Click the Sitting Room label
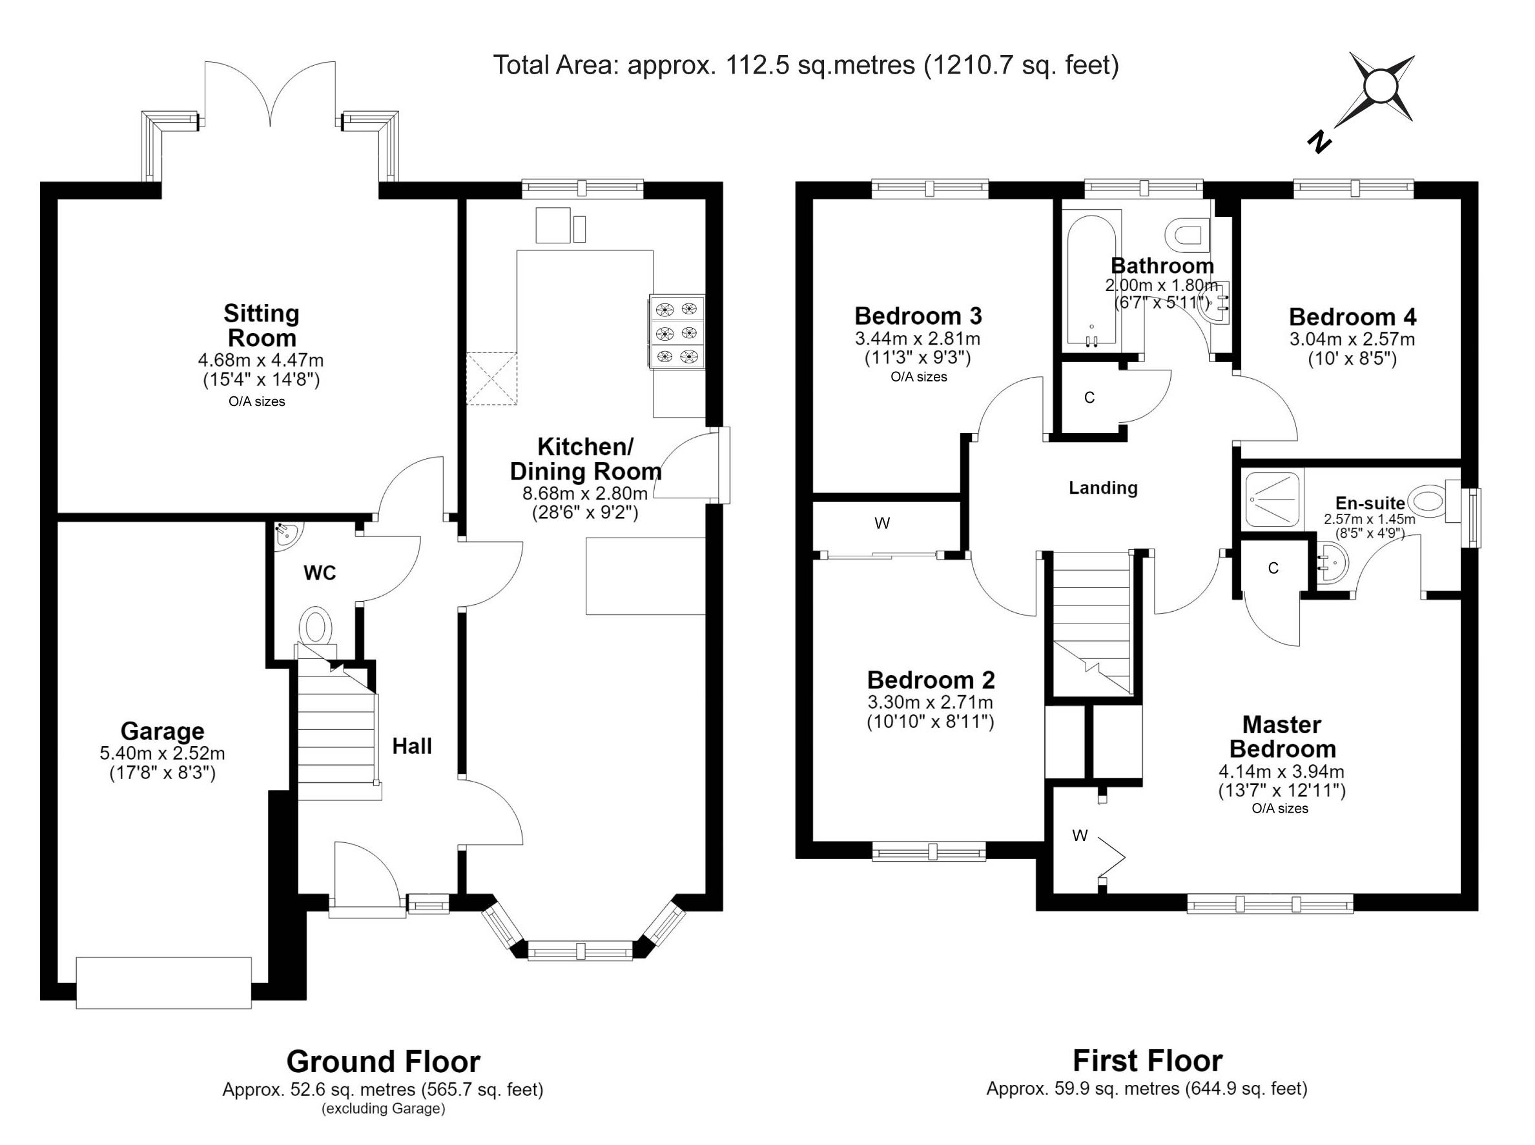262,325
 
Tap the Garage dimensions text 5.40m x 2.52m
162,753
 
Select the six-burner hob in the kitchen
677,332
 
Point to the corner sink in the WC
285,535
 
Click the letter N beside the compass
1319,142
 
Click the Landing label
1103,488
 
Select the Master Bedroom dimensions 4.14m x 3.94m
1281,771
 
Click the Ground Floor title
384,1061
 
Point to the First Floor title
1148,1060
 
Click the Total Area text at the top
806,65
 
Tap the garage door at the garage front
163,983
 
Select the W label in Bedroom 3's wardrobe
882,523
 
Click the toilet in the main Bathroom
1188,235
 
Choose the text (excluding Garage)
384,1109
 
